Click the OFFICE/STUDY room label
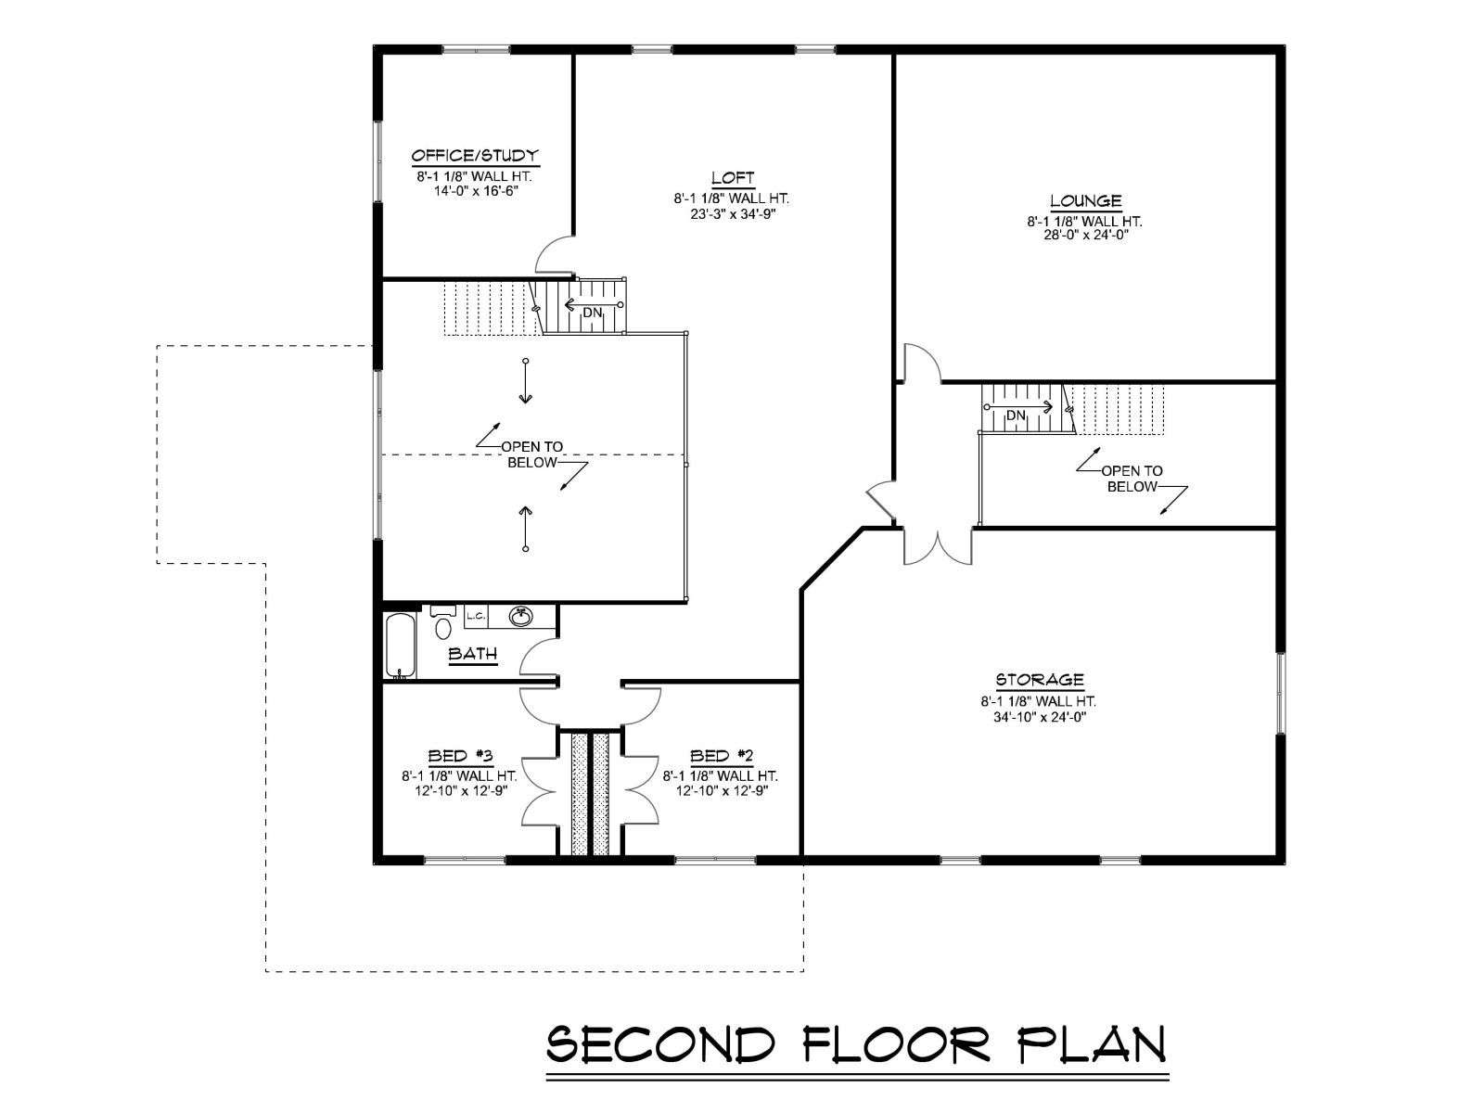click(x=475, y=156)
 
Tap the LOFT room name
click(x=733, y=178)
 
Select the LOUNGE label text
click(x=1086, y=200)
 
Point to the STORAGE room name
click(x=1040, y=680)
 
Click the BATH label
click(x=473, y=654)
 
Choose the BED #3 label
click(x=460, y=756)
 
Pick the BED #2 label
click(x=722, y=756)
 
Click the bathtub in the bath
click(x=401, y=646)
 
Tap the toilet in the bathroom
click(x=442, y=622)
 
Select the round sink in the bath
click(x=520, y=617)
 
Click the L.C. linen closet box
click(x=476, y=616)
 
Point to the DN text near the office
click(x=593, y=313)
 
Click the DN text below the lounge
click(x=1016, y=416)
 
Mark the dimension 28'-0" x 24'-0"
click(x=1085, y=236)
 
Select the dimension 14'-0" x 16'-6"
click(x=475, y=190)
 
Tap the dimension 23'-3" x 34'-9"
click(x=732, y=214)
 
